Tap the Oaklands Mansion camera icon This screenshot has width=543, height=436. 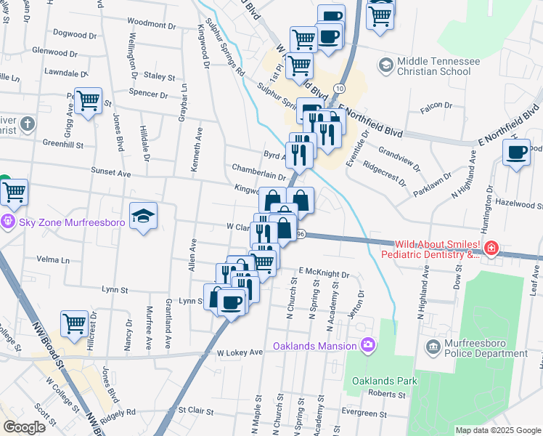tap(367, 344)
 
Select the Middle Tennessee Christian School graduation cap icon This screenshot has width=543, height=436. tap(385, 66)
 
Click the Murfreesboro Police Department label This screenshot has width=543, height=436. tap(486, 348)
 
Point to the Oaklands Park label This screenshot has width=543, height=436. tap(385, 381)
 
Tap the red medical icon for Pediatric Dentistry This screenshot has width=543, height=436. tap(492, 249)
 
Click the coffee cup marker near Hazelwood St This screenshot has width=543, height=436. tap(517, 153)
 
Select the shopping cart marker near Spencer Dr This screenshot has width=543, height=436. tap(88, 101)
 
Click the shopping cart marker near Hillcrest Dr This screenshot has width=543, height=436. tap(74, 323)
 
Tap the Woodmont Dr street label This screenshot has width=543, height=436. tap(146, 23)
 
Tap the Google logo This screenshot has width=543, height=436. tap(24, 427)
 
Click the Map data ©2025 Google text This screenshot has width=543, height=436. tap(497, 430)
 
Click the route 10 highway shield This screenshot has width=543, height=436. tap(339, 88)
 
